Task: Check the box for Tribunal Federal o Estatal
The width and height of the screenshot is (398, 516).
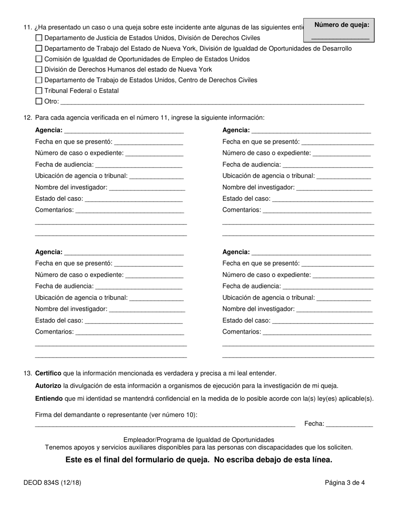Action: pyautogui.click(x=39, y=91)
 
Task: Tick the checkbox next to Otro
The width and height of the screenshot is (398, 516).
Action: pyautogui.click(x=39, y=101)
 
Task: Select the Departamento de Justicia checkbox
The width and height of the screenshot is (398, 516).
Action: pyautogui.click(x=39, y=38)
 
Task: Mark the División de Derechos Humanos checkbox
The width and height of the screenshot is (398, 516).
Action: pyautogui.click(x=39, y=70)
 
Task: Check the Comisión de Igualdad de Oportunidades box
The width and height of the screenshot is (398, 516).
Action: pyautogui.click(x=39, y=59)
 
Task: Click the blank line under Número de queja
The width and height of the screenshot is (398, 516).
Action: pyautogui.click(x=340, y=38)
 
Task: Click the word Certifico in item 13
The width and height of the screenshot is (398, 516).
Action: pyautogui.click(x=48, y=373)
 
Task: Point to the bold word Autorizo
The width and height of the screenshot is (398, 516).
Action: pyautogui.click(x=48, y=386)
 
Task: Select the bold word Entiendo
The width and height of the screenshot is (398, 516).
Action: pyautogui.click(x=49, y=399)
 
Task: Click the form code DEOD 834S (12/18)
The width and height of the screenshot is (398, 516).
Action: pyautogui.click(x=52, y=483)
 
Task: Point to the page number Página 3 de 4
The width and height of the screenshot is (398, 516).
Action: pyautogui.click(x=344, y=483)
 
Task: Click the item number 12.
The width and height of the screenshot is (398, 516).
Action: pyautogui.click(x=28, y=118)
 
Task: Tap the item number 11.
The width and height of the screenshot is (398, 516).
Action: pyautogui.click(x=28, y=28)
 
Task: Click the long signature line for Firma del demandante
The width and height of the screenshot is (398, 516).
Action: pyautogui.click(x=165, y=425)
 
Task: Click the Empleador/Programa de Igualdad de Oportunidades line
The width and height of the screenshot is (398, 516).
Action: pyautogui.click(x=199, y=440)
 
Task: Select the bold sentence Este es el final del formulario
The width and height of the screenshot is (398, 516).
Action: pyautogui.click(x=199, y=460)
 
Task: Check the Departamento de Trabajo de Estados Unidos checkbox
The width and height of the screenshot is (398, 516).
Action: pyautogui.click(x=39, y=80)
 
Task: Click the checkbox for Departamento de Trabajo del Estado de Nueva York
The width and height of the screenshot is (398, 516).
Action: pyautogui.click(x=39, y=49)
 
